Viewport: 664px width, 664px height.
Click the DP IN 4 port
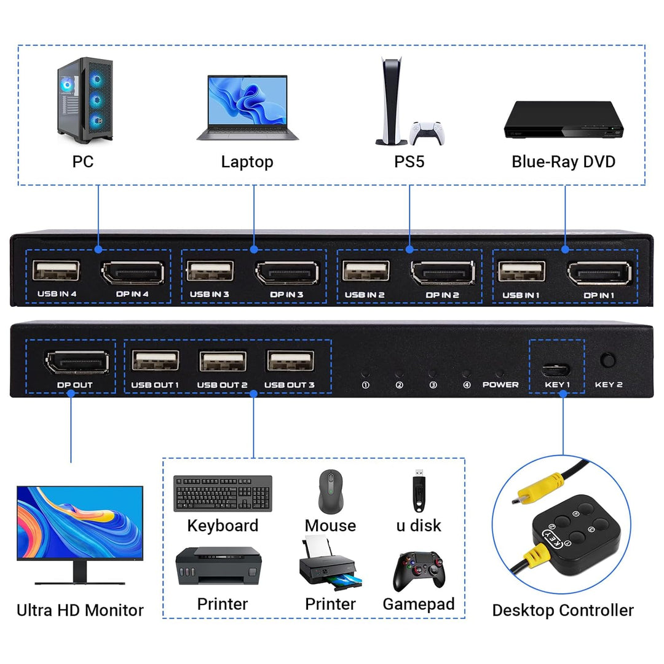[132, 273]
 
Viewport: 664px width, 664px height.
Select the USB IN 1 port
[521, 271]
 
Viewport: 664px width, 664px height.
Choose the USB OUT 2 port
[222, 361]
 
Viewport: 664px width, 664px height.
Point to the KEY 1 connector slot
[556, 370]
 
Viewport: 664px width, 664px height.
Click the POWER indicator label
[500, 385]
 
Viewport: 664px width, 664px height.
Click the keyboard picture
[223, 493]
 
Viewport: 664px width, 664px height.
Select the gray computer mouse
[330, 491]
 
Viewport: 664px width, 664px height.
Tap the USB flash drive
[416, 492]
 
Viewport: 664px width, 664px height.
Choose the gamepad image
[418, 571]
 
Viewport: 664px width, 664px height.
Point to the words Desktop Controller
[563, 611]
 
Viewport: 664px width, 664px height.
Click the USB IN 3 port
[210, 271]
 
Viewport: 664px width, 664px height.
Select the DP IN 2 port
[443, 273]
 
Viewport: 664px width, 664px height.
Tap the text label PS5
[409, 162]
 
